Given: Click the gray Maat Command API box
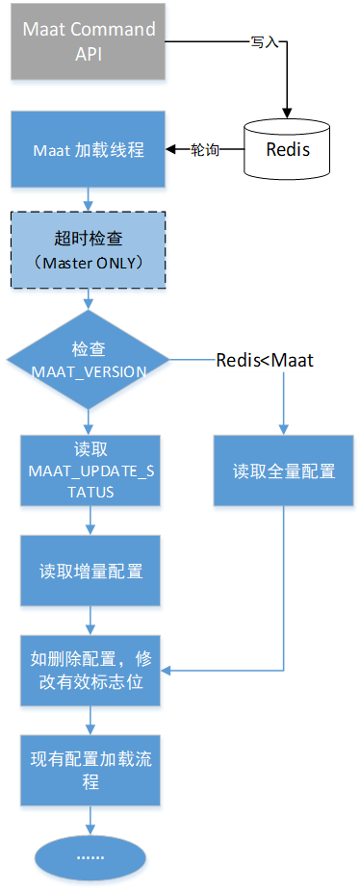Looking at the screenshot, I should click(x=89, y=41).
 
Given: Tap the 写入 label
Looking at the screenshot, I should click(x=265, y=42).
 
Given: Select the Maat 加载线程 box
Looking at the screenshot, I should click(x=89, y=151).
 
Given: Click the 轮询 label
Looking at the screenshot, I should click(x=204, y=151).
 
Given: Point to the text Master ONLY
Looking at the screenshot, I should click(x=89, y=263).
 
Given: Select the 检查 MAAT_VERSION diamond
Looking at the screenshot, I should click(x=89, y=361).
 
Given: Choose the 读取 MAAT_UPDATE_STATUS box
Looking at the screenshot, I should click(x=89, y=471).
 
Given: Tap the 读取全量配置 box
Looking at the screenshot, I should click(x=284, y=471).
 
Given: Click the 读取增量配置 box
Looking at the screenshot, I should click(x=90, y=571).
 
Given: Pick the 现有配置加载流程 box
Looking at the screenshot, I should click(x=90, y=770).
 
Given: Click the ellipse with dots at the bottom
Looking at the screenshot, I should click(x=90, y=855).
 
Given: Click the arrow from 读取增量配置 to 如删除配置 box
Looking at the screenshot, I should click(x=90, y=621).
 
